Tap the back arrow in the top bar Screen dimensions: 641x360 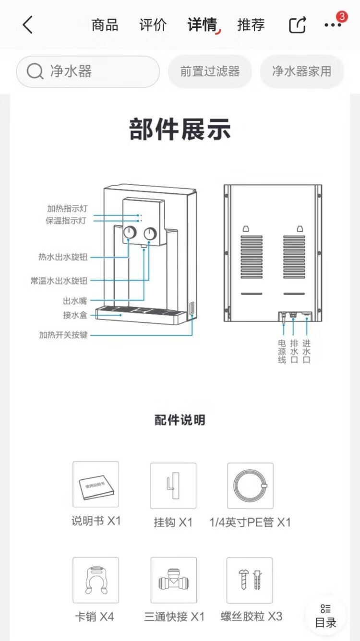pos(28,24)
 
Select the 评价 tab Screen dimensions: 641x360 pos(153,25)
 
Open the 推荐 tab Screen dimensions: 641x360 pos(251,25)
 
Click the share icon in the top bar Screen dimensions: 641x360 pos(297,25)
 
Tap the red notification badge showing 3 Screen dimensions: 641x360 pos(342,17)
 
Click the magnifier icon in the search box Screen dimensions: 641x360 pos(35,72)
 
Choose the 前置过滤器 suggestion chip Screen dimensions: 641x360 pos(210,72)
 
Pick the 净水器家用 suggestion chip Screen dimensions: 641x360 pos(301,72)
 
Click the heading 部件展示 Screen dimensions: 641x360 pos(180,130)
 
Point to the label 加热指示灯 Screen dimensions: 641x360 pos(67,209)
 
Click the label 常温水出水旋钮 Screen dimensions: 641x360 pos(59,281)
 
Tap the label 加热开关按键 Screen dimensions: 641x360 pos(63,335)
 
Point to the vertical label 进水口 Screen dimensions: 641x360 pos(307,352)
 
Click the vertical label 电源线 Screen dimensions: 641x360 pos(282,352)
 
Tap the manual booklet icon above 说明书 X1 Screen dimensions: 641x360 pos(96,485)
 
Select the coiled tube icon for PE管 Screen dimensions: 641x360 pos(250,486)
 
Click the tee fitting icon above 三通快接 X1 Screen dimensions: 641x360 pos(173,580)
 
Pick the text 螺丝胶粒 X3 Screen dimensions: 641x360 pos(251,617)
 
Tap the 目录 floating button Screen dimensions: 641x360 pos(326,616)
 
